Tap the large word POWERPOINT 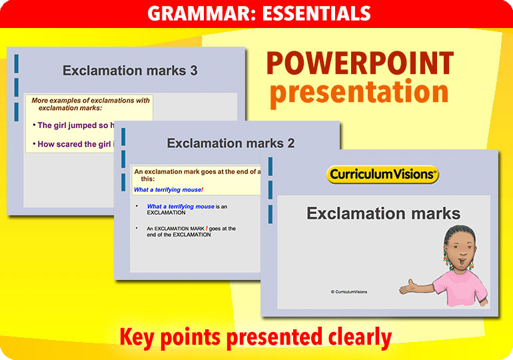coord(360,64)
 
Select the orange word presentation coord(359,93)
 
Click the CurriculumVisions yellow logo coord(383,175)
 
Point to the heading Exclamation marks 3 coord(130,70)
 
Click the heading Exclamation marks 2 coord(231,143)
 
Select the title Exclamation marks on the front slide coord(383,213)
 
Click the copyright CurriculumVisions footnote coord(348,291)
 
